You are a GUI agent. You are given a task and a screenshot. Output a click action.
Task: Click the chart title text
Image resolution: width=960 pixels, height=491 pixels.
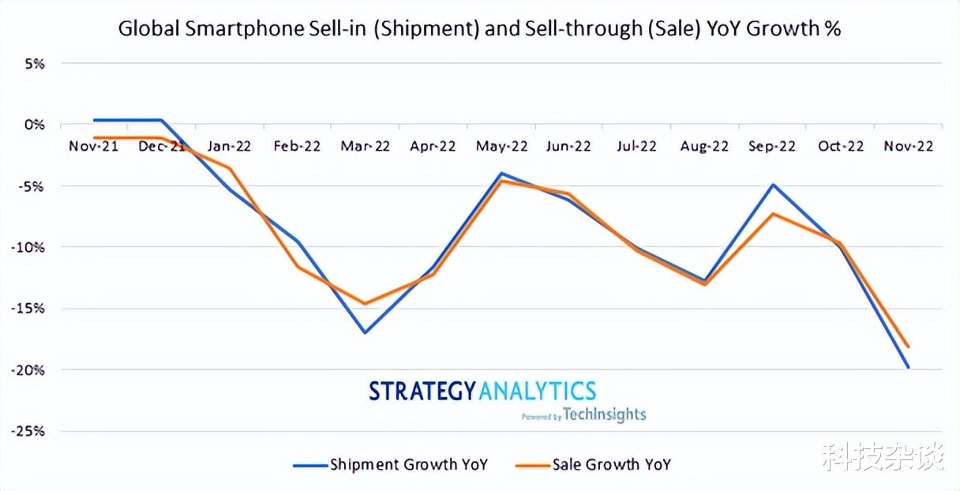click(x=479, y=29)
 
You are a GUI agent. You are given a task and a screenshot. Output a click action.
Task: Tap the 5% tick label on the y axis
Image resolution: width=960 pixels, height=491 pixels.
click(x=34, y=63)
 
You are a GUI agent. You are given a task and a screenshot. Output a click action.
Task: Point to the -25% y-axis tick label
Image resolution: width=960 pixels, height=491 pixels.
click(x=28, y=432)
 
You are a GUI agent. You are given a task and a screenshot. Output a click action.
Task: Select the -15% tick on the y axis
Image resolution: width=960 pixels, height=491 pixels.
click(x=28, y=309)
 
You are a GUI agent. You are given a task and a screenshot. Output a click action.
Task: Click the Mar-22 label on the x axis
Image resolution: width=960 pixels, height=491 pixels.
click(x=365, y=146)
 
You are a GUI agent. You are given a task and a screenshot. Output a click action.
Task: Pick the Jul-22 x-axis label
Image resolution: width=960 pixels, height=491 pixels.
click(x=636, y=146)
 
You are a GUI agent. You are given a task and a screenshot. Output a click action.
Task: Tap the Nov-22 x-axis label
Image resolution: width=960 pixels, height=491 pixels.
click(x=908, y=146)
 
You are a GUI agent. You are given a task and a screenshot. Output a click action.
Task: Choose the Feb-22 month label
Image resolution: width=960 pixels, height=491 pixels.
click(x=297, y=146)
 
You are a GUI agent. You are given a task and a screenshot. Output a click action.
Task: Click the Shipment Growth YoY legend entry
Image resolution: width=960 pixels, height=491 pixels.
click(x=391, y=464)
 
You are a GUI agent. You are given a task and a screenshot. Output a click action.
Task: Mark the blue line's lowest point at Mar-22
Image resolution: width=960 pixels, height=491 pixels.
click(x=365, y=332)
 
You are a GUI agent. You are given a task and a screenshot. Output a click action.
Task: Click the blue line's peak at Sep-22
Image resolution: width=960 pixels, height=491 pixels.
click(x=773, y=185)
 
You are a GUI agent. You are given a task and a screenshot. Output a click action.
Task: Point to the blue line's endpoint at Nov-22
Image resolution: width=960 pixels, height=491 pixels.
click(x=909, y=367)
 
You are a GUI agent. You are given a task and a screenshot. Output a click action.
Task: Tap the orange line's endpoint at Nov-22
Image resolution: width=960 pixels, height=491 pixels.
click(x=909, y=347)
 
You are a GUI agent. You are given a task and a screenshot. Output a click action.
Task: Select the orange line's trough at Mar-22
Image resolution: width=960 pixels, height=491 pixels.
click(x=365, y=303)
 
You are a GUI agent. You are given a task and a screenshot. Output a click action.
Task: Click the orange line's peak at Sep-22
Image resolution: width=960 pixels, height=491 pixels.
click(x=773, y=214)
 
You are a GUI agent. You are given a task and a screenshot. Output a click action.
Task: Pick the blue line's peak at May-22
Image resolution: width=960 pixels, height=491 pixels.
click(x=501, y=173)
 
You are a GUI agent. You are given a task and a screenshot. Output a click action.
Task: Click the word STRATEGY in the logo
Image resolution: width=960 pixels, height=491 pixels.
click(x=422, y=392)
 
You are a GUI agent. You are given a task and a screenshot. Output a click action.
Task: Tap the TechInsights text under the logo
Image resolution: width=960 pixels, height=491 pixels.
click(x=604, y=414)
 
